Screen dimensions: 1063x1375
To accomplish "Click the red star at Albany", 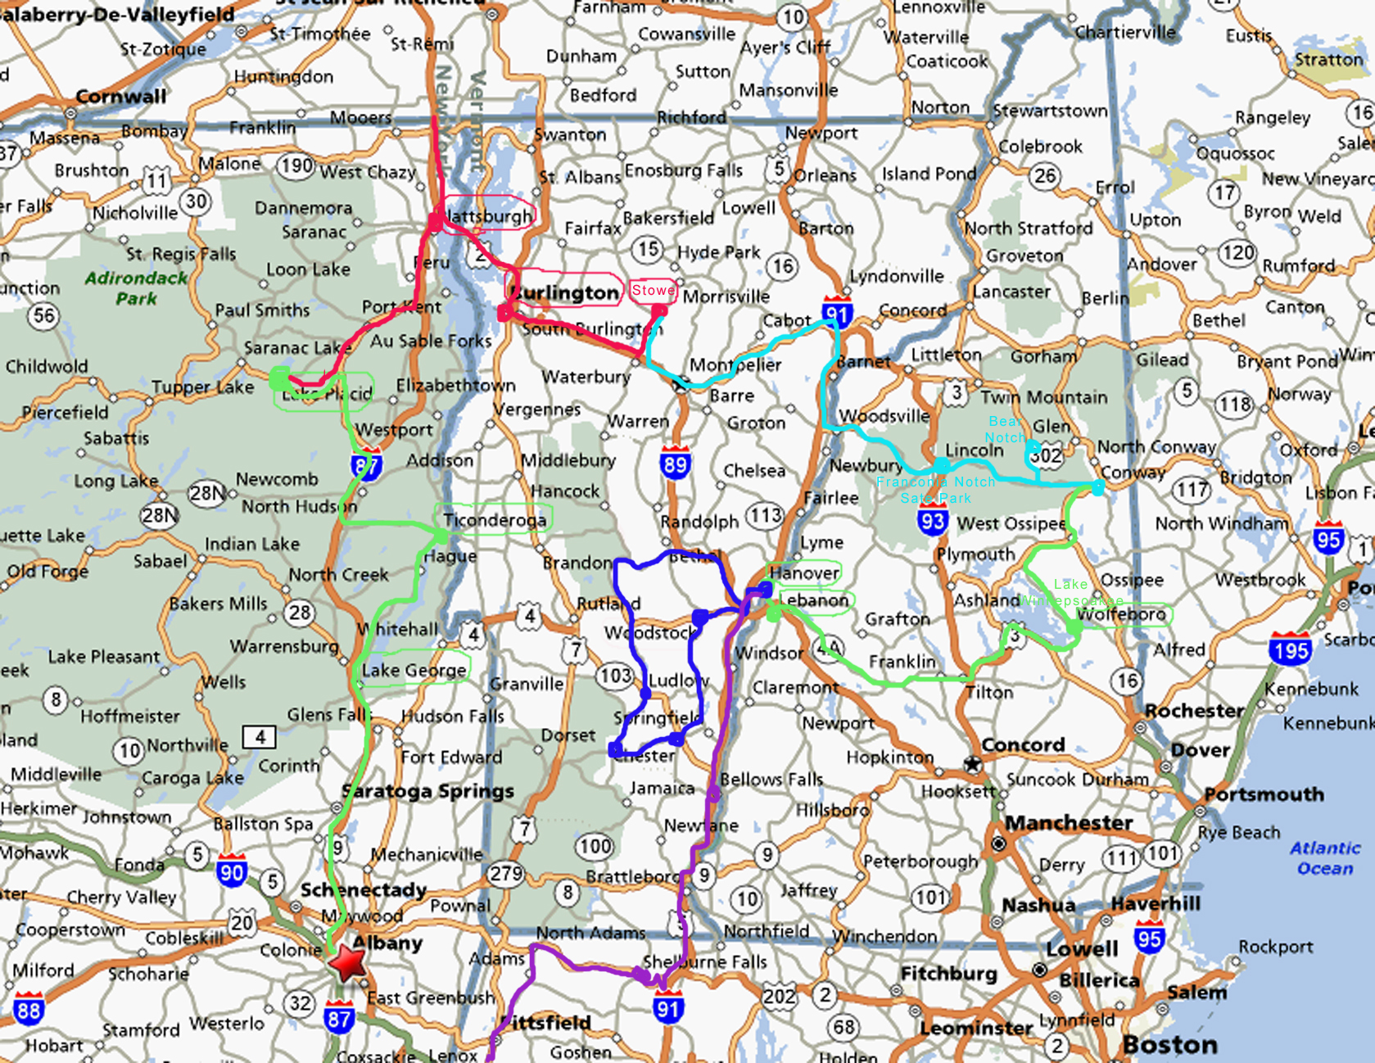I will (x=348, y=962).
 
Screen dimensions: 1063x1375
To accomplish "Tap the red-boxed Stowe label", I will (x=653, y=290).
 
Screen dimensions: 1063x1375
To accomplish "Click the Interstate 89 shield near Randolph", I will (x=675, y=463).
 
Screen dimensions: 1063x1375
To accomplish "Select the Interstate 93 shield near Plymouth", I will (x=932, y=520).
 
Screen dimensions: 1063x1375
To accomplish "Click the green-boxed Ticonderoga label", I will (x=494, y=519).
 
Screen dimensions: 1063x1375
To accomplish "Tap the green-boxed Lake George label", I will (x=414, y=670).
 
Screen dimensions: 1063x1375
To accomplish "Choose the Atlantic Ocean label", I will (x=1325, y=857).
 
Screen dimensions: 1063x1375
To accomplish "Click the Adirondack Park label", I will (x=136, y=287).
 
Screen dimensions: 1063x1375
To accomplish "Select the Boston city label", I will (x=1169, y=1044).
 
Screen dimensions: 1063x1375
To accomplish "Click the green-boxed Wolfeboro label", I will (x=1121, y=614).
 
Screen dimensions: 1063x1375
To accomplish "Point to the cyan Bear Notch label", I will (x=1005, y=429).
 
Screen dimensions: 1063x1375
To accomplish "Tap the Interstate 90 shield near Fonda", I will (x=232, y=871).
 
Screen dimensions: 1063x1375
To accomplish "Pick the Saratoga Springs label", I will (x=428, y=791).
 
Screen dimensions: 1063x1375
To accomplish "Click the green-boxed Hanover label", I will (x=804, y=572).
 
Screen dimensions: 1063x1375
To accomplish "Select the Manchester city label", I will (x=1069, y=822).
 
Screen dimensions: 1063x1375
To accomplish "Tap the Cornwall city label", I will (x=120, y=97).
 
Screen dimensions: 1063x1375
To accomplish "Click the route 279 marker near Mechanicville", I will (x=506, y=874).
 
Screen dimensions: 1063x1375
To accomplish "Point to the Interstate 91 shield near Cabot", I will (x=837, y=312).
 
